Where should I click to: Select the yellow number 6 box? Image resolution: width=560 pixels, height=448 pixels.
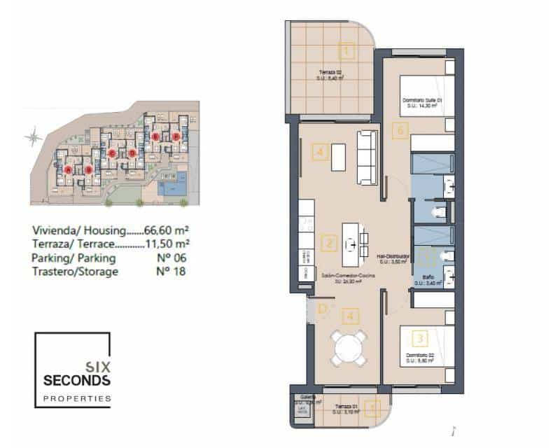398,130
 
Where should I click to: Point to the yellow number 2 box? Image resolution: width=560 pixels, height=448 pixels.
328,244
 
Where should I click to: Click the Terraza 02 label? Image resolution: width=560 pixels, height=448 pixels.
326,72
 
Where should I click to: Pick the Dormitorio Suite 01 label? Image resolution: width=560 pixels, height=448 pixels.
423,101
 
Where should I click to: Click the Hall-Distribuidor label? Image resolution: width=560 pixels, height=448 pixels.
393,257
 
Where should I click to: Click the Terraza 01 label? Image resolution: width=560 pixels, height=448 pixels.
347,407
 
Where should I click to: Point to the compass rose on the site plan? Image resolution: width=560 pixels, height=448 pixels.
32,137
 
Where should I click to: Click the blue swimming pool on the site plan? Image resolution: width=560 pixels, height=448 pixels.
172,188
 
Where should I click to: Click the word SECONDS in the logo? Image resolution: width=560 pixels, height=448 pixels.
76,380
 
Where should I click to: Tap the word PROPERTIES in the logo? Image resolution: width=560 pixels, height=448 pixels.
77,398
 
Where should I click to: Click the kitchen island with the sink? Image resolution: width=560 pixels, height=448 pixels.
356,241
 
